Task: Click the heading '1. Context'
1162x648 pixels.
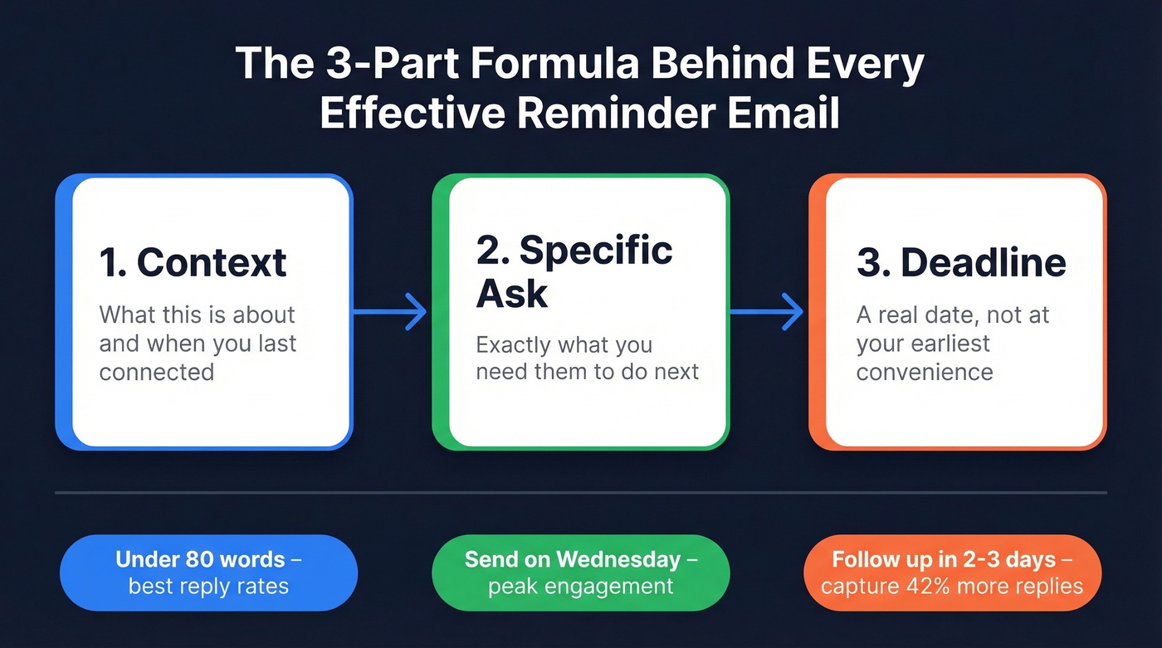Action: [x=193, y=262]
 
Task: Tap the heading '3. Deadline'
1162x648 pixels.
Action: [x=961, y=262]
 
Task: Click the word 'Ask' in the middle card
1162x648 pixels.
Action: [x=511, y=294]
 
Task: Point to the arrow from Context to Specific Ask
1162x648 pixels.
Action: [x=390, y=312]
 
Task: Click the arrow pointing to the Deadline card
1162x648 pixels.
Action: [x=767, y=312]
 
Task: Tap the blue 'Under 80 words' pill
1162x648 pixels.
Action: [x=208, y=572]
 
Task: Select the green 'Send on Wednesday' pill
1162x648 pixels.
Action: [x=580, y=572]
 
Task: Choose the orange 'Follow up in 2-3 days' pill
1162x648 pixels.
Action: [x=952, y=572]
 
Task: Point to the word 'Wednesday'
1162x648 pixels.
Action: [x=627, y=559]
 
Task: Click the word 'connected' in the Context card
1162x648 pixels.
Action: [x=157, y=372]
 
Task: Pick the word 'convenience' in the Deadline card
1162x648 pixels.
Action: [x=925, y=372]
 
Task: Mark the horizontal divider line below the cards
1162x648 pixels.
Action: [x=580, y=493]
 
